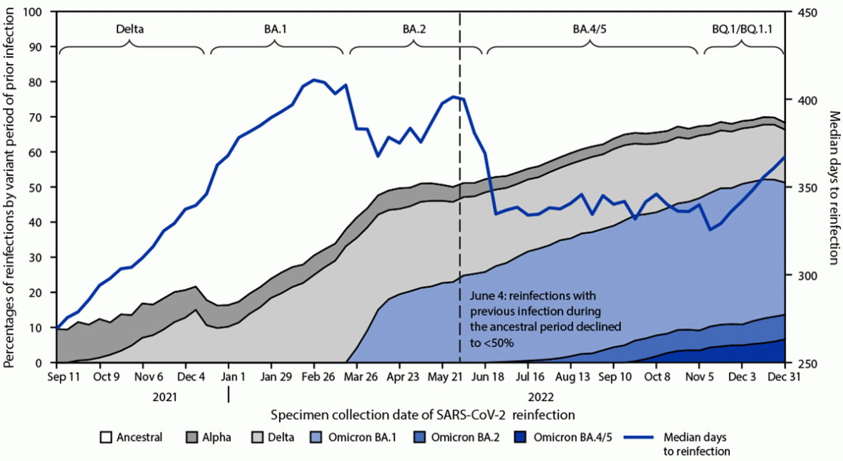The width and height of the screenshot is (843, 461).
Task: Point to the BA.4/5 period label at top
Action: (590, 30)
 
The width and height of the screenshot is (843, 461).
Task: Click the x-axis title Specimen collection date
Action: (423, 413)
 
